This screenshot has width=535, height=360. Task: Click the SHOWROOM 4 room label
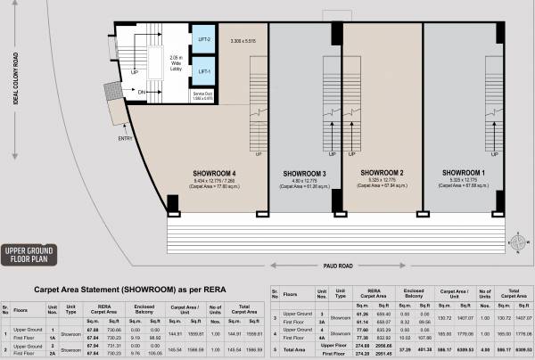(x=214, y=172)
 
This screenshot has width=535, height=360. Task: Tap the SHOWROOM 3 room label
(x=307, y=172)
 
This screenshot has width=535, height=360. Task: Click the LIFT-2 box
(x=203, y=40)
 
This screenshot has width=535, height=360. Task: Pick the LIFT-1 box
(x=203, y=70)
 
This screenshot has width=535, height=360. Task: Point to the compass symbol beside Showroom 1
(x=516, y=241)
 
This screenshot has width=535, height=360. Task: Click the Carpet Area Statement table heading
(x=129, y=289)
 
